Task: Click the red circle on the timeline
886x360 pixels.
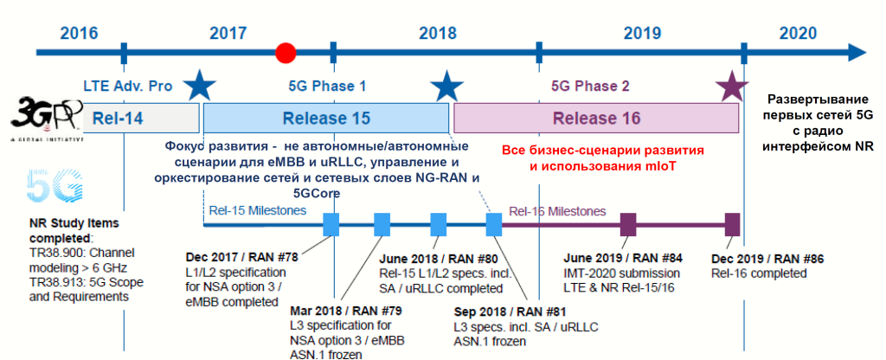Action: pos(286,53)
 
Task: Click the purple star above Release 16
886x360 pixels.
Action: pos(732,85)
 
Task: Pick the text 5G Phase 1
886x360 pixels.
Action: pos(326,87)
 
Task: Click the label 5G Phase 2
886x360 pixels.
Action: pos(590,87)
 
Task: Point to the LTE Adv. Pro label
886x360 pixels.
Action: pos(128,87)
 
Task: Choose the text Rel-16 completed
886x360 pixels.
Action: pos(758,273)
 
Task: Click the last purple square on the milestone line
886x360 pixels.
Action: pos(733,224)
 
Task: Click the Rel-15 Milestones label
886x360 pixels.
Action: pos(258,210)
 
